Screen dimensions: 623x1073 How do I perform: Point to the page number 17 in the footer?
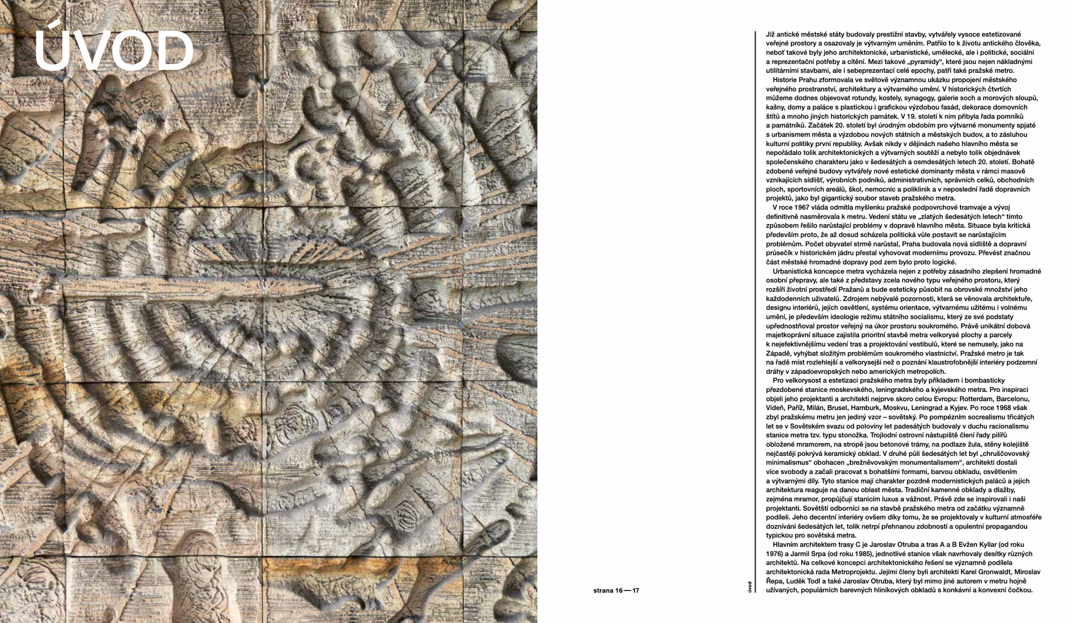[636, 590]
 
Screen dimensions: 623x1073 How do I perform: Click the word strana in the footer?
[603, 590]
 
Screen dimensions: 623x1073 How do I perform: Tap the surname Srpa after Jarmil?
[822, 554]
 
